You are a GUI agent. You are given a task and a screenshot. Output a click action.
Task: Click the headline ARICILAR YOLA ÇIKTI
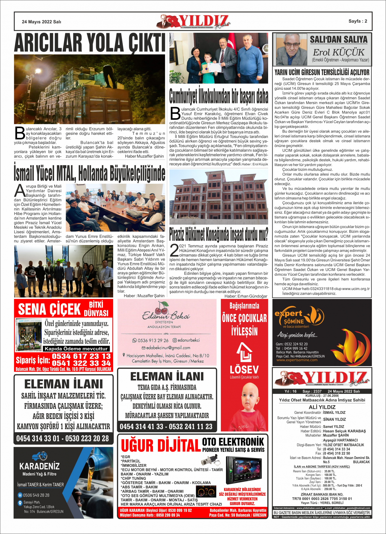[x=89, y=43]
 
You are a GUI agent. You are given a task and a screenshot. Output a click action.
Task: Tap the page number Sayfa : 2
[x=358, y=21]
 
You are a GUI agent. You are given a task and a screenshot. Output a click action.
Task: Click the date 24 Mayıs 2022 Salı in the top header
[x=41, y=22]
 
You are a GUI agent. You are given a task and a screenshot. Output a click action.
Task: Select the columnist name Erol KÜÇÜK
[x=338, y=52]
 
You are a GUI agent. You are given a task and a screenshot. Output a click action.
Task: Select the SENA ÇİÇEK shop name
[x=50, y=309]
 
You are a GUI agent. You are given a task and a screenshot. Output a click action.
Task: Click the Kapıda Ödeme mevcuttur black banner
[x=76, y=349]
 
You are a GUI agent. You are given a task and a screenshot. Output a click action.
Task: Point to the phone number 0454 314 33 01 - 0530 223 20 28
[x=62, y=438]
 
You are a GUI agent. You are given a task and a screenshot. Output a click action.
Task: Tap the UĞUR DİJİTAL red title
[x=161, y=446]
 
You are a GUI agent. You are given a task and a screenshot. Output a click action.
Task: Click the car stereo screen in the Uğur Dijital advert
[x=242, y=469]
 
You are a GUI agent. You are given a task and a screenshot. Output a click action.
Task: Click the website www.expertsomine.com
[x=297, y=360]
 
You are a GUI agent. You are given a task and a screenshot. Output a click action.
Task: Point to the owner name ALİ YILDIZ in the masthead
[x=322, y=407]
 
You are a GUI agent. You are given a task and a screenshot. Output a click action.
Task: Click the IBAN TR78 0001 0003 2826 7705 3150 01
[x=322, y=499]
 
